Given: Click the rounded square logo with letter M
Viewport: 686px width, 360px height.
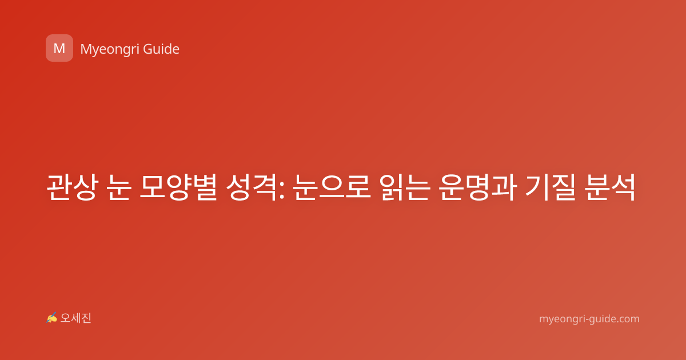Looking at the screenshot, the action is coord(59,48).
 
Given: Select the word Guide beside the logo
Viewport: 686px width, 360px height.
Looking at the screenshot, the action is coord(161,49).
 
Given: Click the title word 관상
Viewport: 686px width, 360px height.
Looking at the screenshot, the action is coord(73,187).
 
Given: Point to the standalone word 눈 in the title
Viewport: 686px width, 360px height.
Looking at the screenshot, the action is coord(119,187).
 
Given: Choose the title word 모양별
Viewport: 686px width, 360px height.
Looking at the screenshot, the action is coord(179,187).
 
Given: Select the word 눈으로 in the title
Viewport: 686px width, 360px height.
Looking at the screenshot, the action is coord(332,187).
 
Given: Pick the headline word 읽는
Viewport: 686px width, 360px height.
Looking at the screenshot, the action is coord(404,187).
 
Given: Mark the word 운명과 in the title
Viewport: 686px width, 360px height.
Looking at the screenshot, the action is coord(477,187).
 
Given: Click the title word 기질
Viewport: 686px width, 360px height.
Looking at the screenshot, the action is coord(551,187).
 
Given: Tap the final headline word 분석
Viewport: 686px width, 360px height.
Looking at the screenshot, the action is coord(610,187).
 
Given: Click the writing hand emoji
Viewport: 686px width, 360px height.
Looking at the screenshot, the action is coord(52,318).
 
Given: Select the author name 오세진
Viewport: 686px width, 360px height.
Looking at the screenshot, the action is coord(75,318).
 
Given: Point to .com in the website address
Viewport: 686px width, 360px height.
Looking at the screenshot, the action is coord(628,319).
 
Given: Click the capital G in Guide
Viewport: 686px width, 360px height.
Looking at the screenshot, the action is coord(147,49).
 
